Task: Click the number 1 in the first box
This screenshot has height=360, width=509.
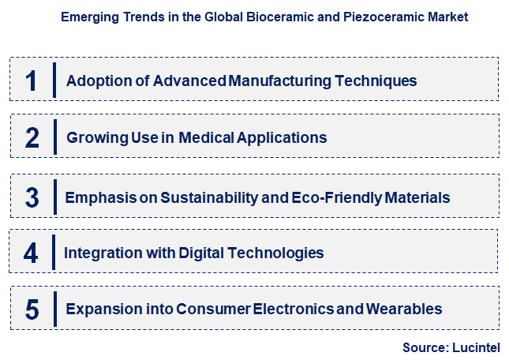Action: point(32,81)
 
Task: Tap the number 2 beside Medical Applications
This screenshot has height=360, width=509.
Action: point(32,138)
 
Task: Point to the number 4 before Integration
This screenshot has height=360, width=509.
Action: point(31,253)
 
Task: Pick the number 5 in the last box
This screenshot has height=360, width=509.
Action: point(32,309)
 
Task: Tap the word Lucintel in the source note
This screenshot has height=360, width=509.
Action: point(478,347)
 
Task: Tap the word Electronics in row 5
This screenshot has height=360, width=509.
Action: point(296,309)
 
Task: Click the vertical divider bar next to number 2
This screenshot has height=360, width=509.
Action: point(54,137)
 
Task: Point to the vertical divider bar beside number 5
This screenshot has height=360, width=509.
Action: point(54,308)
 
